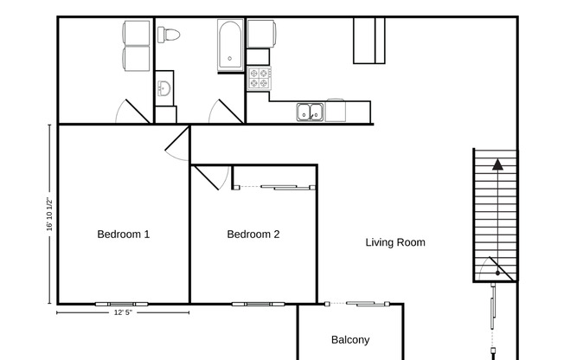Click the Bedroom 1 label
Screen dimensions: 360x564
tap(123, 234)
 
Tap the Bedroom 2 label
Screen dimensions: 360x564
tap(253, 234)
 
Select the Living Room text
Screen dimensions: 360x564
tap(395, 242)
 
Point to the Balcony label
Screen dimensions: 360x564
tap(350, 340)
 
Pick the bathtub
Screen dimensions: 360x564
tap(230, 45)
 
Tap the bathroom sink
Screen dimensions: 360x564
tap(164, 87)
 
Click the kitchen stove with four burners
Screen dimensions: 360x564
tap(259, 79)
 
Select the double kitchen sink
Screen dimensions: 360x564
tap(309, 112)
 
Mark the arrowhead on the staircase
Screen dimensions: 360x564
tap(497, 163)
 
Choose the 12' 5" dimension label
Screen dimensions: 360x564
tap(123, 313)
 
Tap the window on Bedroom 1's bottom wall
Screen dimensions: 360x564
tap(122, 304)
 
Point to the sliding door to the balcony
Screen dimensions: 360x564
tap(364, 303)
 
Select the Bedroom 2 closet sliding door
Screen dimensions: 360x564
tap(275, 186)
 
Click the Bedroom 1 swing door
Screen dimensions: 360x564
tap(176, 143)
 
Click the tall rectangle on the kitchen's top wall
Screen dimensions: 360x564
tap(369, 40)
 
